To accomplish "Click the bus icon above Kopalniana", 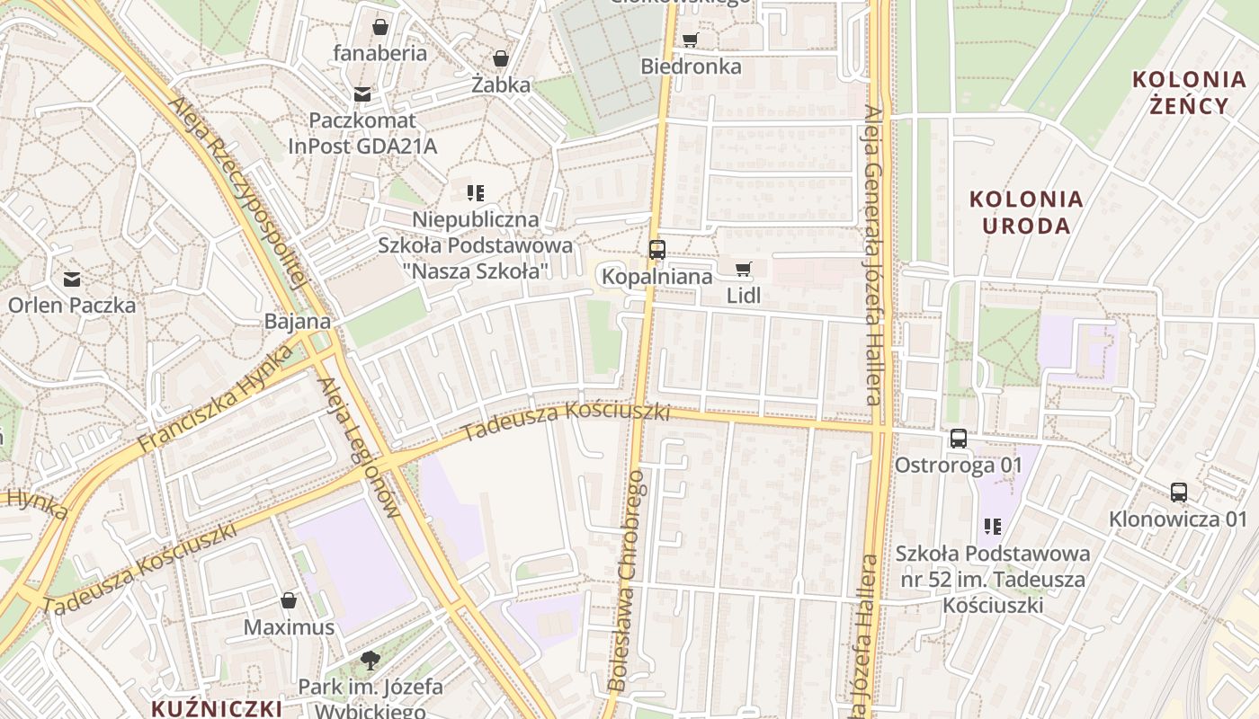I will (657, 250).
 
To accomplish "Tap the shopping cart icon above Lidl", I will (743, 269).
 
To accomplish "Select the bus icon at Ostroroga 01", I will (959, 439).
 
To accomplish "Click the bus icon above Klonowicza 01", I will (1179, 493).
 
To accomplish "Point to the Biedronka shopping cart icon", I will (690, 40).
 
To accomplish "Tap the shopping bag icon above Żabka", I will (501, 58).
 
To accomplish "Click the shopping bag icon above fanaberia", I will (380, 26).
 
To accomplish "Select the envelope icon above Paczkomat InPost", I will (362, 93).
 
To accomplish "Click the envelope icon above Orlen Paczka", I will (72, 279).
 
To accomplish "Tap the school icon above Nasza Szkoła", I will (476, 192).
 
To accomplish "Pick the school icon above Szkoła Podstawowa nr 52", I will (993, 527).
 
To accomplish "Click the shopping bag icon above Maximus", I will (289, 600).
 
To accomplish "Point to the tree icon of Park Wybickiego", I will (370, 661).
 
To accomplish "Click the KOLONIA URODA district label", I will (1026, 212).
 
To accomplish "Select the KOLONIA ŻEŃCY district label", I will (1189, 92).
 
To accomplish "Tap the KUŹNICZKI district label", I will (216, 707).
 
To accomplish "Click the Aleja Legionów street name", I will (359, 448).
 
